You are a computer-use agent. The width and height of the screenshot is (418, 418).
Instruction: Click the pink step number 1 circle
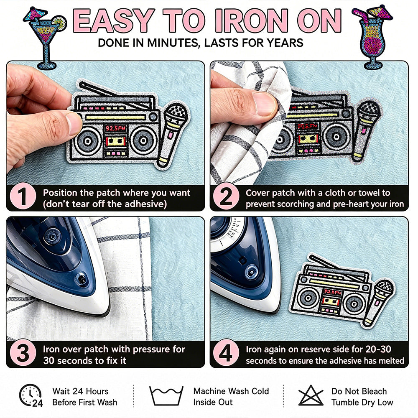(23, 196)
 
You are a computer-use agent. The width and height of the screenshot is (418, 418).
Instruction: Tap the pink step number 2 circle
(226, 196)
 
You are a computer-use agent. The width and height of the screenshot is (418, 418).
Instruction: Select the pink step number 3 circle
(23, 352)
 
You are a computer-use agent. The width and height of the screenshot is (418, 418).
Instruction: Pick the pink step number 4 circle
(226, 352)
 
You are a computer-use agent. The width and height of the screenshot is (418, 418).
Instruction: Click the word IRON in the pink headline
(252, 21)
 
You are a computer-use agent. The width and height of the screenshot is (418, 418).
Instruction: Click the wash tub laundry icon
(166, 395)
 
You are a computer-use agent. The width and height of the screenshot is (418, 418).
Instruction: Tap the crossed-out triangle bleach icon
(311, 395)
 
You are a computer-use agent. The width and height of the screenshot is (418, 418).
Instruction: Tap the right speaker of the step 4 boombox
(354, 303)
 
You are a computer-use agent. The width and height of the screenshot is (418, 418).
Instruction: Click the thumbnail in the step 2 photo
(263, 104)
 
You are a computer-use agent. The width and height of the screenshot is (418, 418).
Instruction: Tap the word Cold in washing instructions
(260, 391)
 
